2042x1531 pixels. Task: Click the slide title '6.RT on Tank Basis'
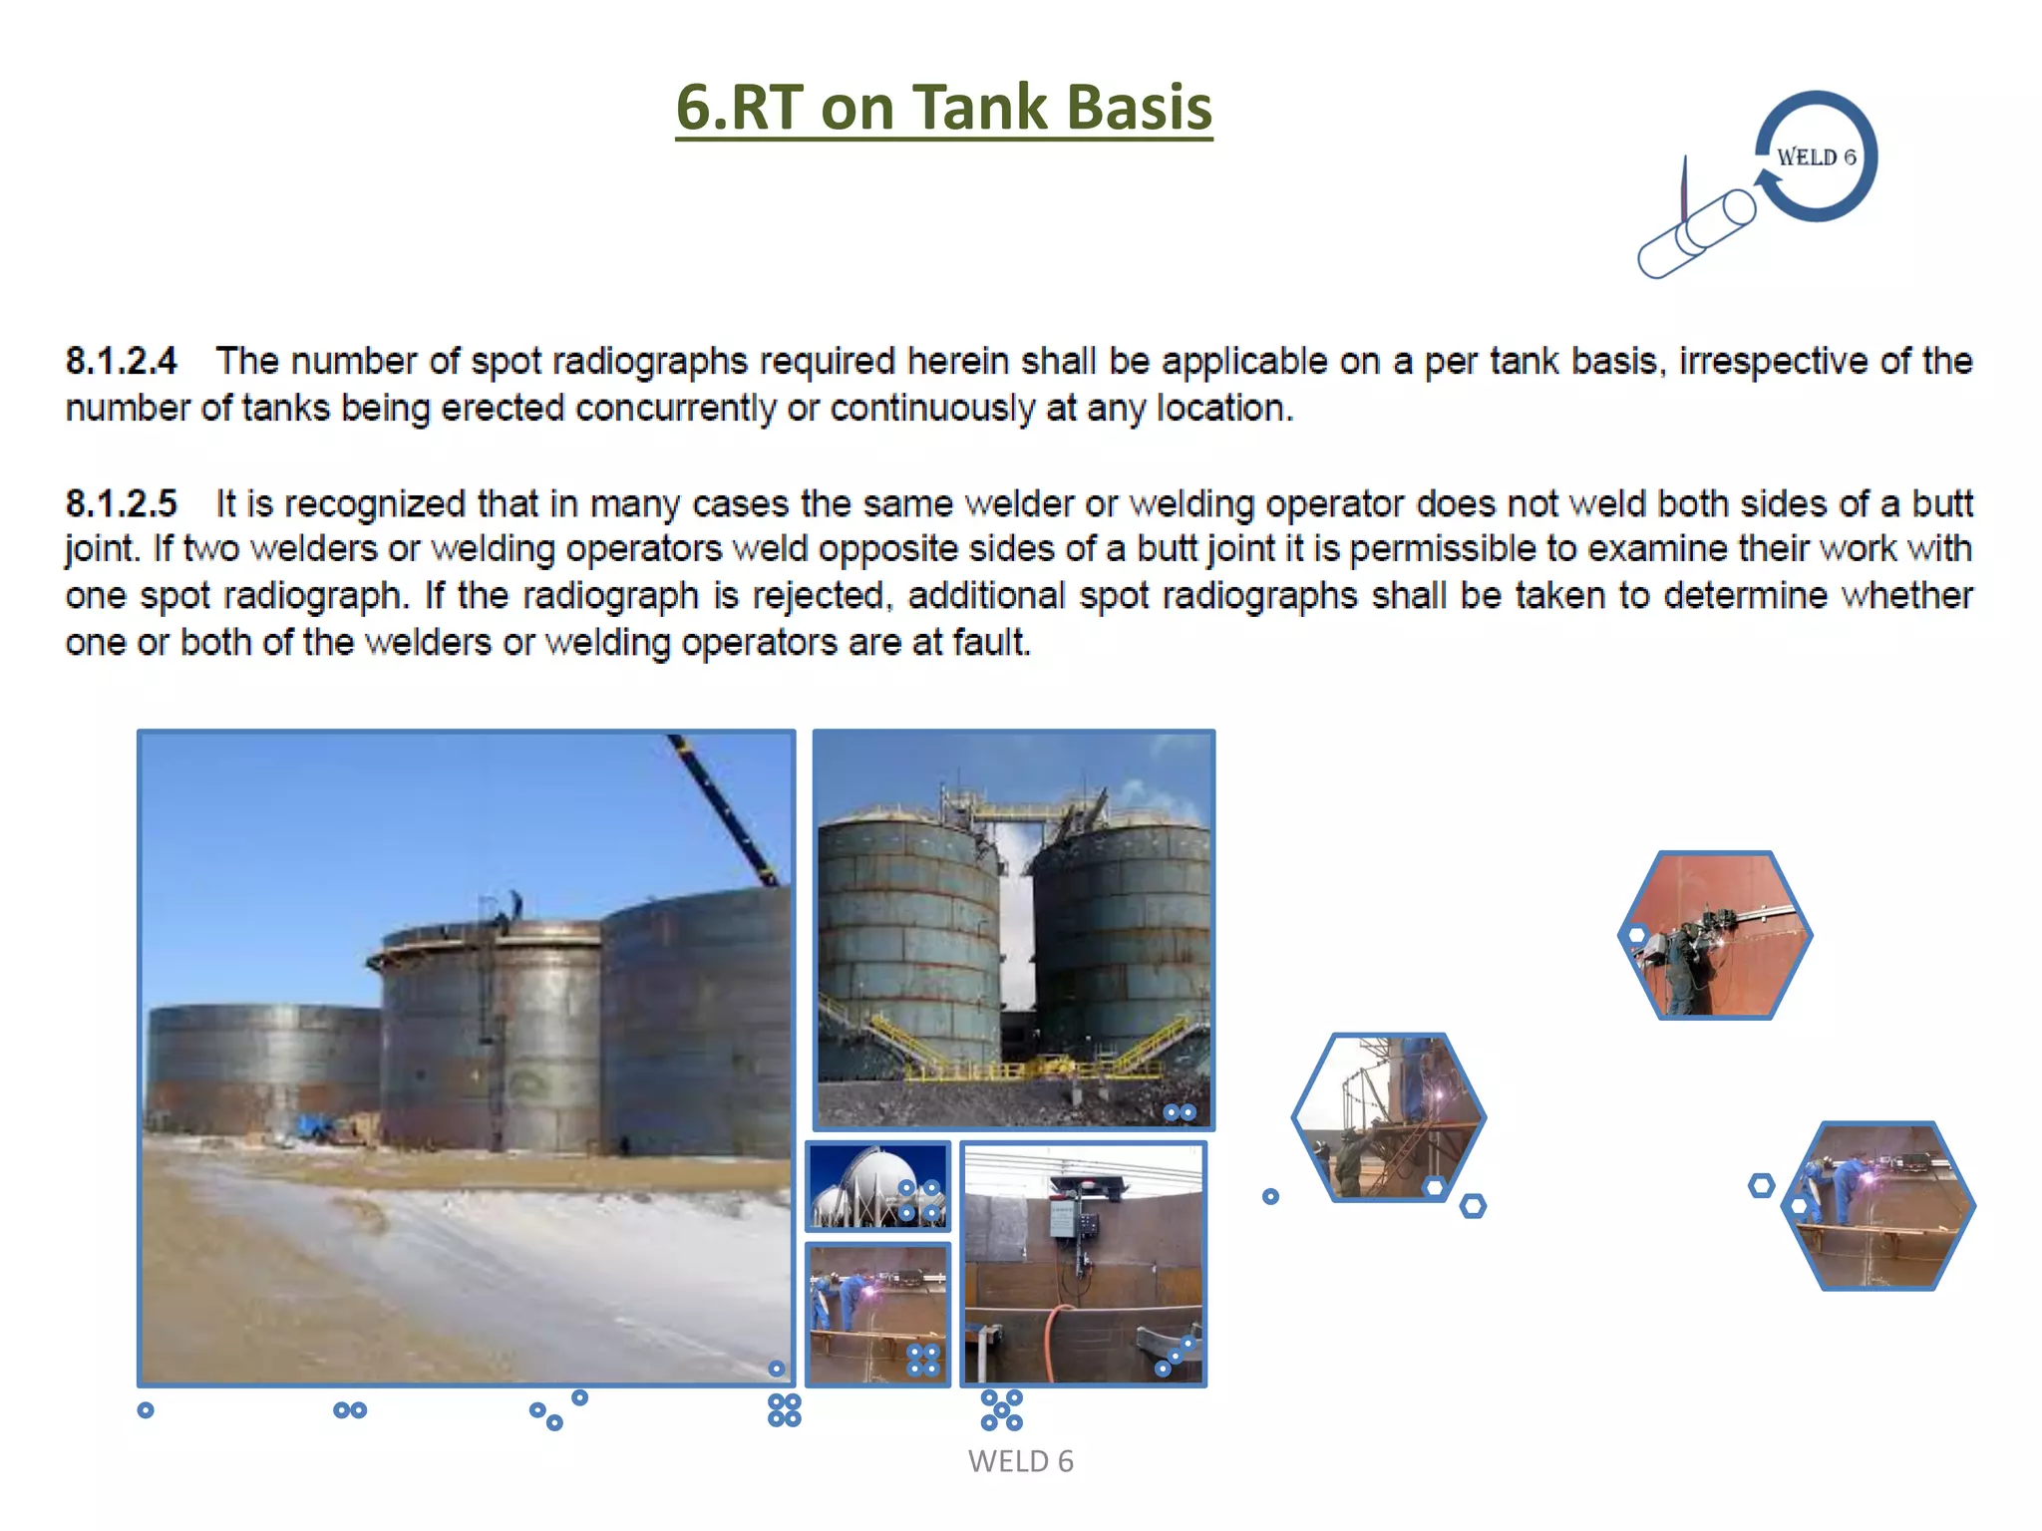943,107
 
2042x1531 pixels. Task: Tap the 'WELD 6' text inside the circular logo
1816,157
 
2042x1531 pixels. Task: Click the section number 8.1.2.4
122,361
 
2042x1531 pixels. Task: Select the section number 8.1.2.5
122,503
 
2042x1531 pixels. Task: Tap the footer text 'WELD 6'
1020,1461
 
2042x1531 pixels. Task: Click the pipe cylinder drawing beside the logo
1697,235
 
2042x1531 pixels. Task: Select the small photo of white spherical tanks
877,1186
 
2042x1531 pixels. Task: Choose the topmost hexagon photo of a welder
1715,935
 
